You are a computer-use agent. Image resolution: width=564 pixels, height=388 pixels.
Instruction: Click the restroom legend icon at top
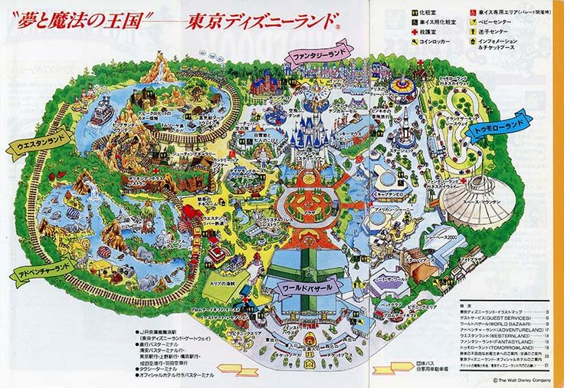[x=414, y=13]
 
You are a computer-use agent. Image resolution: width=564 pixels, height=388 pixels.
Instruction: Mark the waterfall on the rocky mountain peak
[x=161, y=69]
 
